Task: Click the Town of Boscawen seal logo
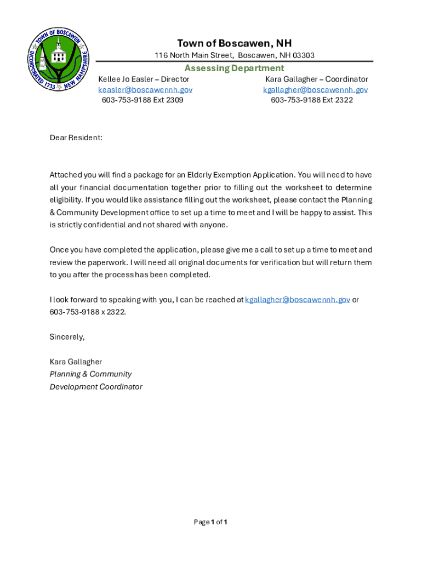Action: (x=59, y=60)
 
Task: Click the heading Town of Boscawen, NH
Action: (x=234, y=43)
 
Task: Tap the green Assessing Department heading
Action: (x=234, y=68)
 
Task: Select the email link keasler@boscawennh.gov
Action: (x=145, y=90)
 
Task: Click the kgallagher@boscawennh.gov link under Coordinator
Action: (x=315, y=90)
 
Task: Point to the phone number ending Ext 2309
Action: (x=142, y=100)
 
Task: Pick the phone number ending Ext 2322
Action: (x=312, y=100)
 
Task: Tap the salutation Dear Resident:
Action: (x=76, y=138)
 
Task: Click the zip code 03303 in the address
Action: (x=303, y=55)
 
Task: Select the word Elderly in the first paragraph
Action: (x=200, y=175)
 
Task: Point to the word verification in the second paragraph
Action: (x=277, y=262)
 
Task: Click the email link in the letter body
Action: (x=298, y=300)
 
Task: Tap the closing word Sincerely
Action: (x=67, y=337)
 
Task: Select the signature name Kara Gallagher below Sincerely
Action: (x=76, y=362)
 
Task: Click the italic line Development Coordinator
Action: (x=96, y=387)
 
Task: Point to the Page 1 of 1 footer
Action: (x=210, y=522)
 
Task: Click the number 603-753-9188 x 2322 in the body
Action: (x=88, y=312)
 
